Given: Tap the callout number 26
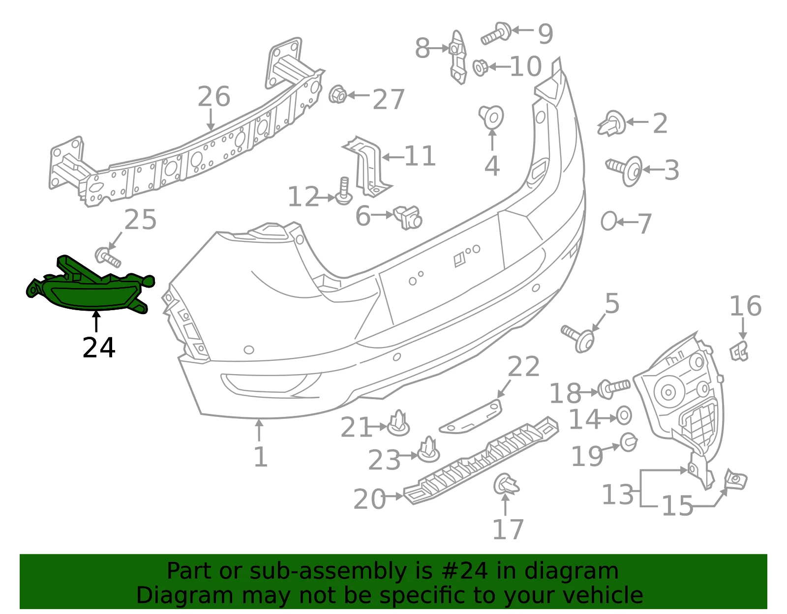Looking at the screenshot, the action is [213, 97].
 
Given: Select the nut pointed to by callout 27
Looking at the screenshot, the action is [337, 94].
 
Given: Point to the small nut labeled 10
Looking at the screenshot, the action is [480, 67].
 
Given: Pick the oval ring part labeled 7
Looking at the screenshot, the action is [609, 221].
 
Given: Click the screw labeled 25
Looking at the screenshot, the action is [108, 257].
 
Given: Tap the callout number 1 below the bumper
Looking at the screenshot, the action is [260, 457].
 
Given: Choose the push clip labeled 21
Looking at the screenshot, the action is [398, 423].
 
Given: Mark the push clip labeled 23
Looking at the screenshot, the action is [429, 450].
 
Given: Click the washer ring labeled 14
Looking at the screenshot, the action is [624, 415].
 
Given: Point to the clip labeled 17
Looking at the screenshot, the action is [506, 483].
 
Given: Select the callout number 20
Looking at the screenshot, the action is [369, 499].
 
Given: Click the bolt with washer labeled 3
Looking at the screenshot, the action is [624, 171].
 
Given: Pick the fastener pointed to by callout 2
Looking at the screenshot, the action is [612, 123].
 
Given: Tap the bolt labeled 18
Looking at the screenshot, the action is [613, 388].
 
